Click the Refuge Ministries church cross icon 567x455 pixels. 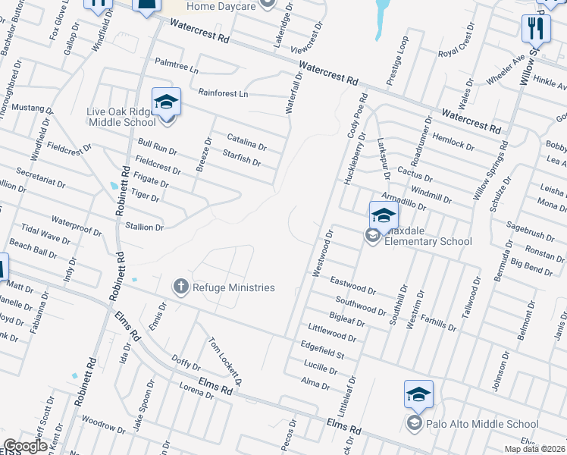click(180, 287)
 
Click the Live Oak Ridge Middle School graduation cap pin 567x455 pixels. click(167, 102)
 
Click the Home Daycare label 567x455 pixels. click(220, 6)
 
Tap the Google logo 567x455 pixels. click(24, 447)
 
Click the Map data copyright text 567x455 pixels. click(536, 449)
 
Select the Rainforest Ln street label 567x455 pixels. click(223, 93)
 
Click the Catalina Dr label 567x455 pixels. click(247, 141)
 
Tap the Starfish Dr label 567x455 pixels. click(242, 158)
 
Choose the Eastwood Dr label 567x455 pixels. click(353, 285)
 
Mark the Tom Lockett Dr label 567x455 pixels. click(225, 359)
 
